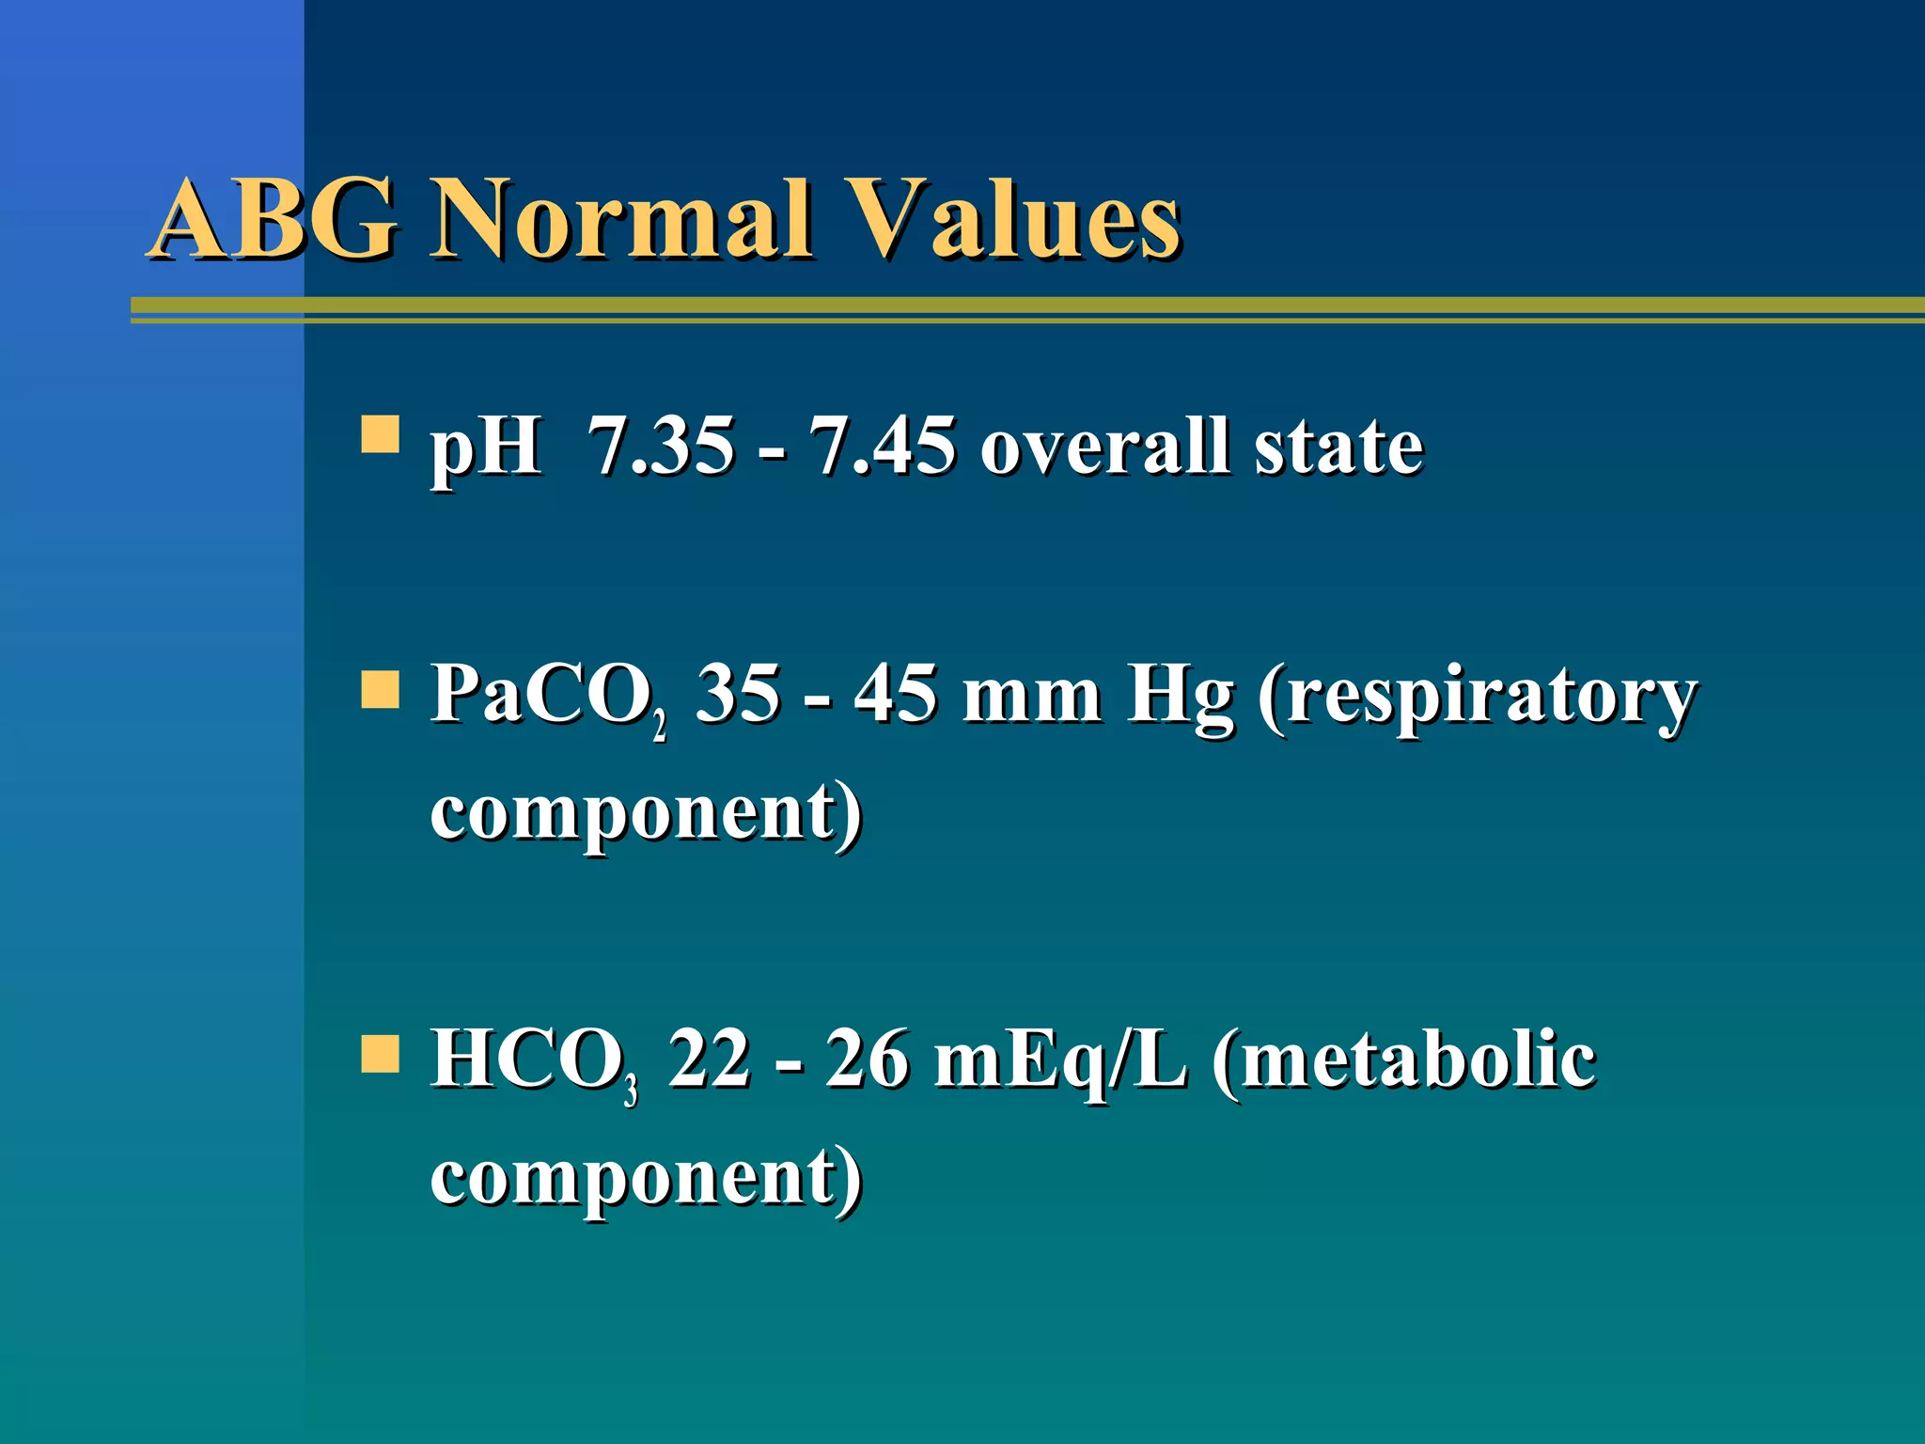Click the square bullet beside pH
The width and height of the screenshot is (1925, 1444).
[380, 435]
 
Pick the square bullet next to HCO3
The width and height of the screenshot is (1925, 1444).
[380, 1054]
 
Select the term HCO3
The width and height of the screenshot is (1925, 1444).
[534, 1060]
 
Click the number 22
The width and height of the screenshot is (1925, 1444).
[710, 1059]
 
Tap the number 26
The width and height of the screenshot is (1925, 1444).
[868, 1059]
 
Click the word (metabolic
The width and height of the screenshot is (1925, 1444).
[1403, 1060]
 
